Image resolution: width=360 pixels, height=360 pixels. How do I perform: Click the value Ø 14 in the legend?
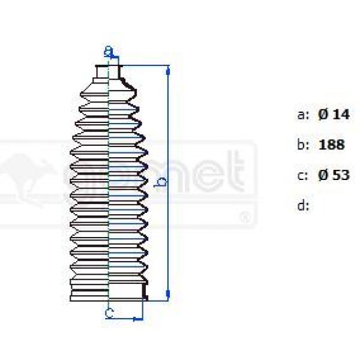pos(334,115)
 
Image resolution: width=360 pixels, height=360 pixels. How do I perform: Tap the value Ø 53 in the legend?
pos(334,175)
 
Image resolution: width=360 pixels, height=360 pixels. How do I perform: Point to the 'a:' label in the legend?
pos(304,115)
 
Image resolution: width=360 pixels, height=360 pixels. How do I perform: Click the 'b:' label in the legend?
pos(304,145)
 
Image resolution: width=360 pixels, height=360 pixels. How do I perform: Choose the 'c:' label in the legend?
pos(304,175)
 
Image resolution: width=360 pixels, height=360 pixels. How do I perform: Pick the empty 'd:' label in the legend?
pos(304,206)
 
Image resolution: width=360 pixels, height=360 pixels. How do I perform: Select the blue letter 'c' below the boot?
pos(109,312)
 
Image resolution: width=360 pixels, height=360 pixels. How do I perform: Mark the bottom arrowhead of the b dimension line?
pos(167,293)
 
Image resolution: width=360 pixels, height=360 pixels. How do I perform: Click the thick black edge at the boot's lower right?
pos(144,292)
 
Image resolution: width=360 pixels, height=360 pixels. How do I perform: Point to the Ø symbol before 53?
pos(323,175)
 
